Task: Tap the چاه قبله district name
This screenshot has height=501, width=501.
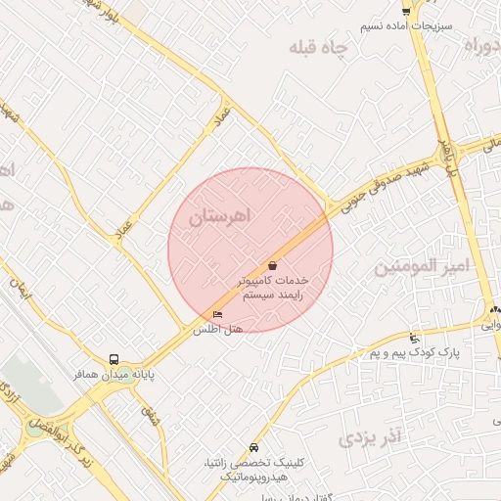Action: (321, 51)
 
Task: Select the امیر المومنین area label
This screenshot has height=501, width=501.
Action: (424, 264)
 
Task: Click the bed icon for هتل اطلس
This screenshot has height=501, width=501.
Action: (217, 314)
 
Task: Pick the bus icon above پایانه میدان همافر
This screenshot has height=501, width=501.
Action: (115, 359)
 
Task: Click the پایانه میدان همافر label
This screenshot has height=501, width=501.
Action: (117, 374)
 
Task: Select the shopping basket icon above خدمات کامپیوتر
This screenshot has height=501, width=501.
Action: (272, 264)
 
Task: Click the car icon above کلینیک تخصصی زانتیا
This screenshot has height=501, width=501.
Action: (254, 447)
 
